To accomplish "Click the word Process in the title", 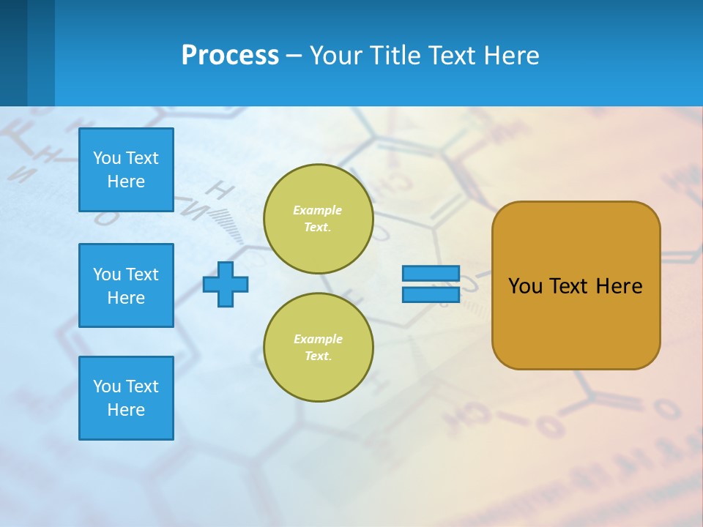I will coord(230,56).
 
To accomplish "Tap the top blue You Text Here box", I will coord(126,170).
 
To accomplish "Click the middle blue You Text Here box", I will coord(126,285).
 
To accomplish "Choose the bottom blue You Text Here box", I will coord(126,398).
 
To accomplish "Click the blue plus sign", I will coord(226,284).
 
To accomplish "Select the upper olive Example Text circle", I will coord(318,219).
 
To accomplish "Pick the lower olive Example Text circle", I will coord(318,348).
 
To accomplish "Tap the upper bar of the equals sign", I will coord(431,274).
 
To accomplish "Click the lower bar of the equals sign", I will coord(431,295).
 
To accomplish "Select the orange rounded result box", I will coord(576,322).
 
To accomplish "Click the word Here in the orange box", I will coord(619,286).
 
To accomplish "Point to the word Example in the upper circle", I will coord(318,210).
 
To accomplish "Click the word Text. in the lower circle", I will coord(318,356).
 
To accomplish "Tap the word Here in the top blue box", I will coord(126,182).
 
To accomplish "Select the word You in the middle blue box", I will coord(106,274).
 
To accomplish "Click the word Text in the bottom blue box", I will coord(141,386).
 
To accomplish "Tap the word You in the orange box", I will coord(525,286).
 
